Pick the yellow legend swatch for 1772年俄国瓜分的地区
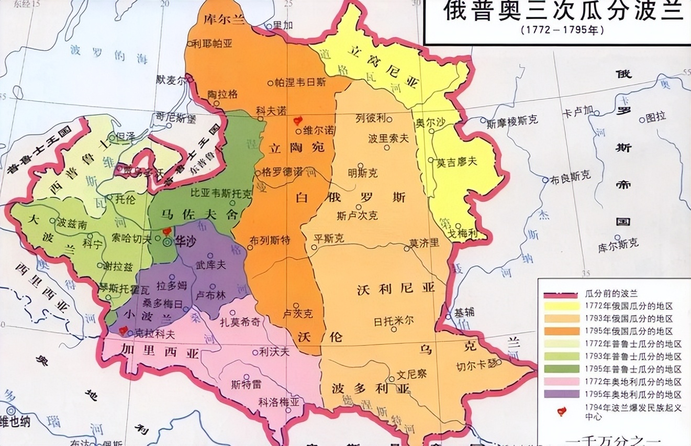click(561, 306)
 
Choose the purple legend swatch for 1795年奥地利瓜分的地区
click(561, 394)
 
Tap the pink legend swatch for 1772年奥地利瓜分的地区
click(561, 382)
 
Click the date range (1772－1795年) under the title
click(562, 30)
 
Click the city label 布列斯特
click(270, 240)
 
